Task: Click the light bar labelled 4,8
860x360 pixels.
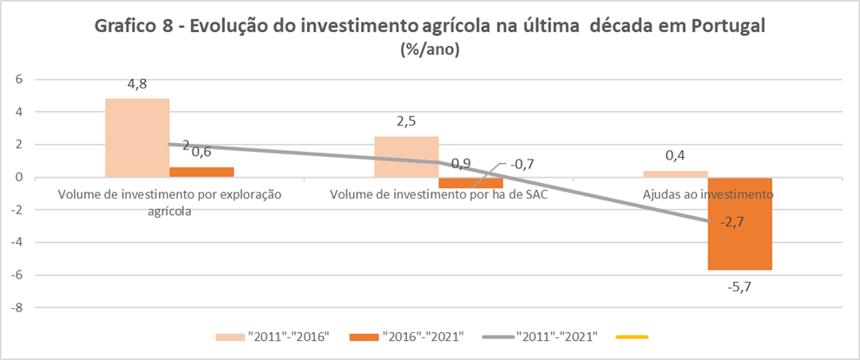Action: click(137, 138)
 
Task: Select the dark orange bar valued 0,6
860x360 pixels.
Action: click(202, 173)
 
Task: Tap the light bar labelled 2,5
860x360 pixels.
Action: click(406, 157)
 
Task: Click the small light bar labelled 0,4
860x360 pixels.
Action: click(676, 174)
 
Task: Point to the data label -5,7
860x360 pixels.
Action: click(739, 285)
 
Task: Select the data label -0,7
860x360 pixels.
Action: click(522, 164)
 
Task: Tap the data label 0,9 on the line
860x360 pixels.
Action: click(462, 163)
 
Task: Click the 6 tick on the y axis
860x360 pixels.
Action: click(16, 79)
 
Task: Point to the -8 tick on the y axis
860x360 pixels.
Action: click(14, 308)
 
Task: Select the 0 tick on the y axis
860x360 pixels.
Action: click(16, 177)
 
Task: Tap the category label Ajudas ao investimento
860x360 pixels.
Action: click(708, 194)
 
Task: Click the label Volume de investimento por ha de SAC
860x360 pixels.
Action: click(439, 194)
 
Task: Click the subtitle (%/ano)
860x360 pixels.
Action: click(430, 49)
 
